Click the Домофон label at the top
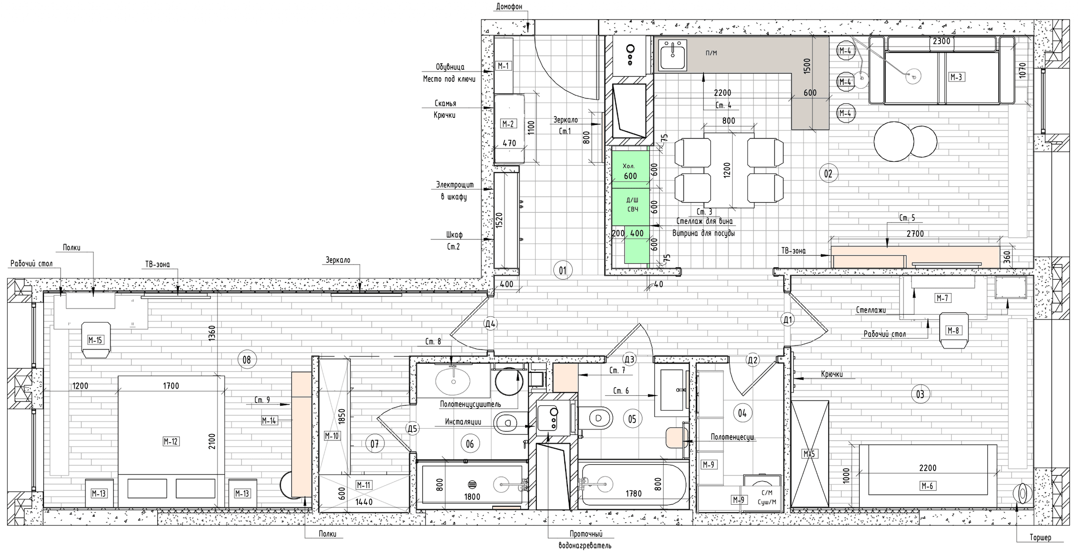pyautogui.click(x=509, y=7)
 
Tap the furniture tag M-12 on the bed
pyautogui.click(x=171, y=442)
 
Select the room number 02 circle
pyautogui.click(x=828, y=174)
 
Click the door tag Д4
pyautogui.click(x=490, y=323)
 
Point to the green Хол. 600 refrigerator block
pyautogui.click(x=630, y=169)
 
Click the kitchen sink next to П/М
pyautogui.click(x=673, y=55)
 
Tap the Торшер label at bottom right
pyautogui.click(x=1040, y=538)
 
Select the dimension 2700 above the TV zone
pyautogui.click(x=915, y=234)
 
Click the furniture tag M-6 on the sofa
pyautogui.click(x=927, y=486)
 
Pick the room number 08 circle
pyautogui.click(x=246, y=360)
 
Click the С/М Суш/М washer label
pyautogui.click(x=767, y=498)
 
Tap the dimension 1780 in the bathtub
pyautogui.click(x=633, y=494)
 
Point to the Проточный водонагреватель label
pyautogui.click(x=585, y=540)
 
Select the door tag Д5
pyautogui.click(x=412, y=429)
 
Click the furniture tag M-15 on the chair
pyautogui.click(x=95, y=341)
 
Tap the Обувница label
pyautogui.click(x=450, y=67)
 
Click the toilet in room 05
pyautogui.click(x=594, y=418)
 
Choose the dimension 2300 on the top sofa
pyautogui.click(x=941, y=41)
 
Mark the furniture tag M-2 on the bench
pyautogui.click(x=508, y=124)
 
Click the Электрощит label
pyautogui.click(x=455, y=185)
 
